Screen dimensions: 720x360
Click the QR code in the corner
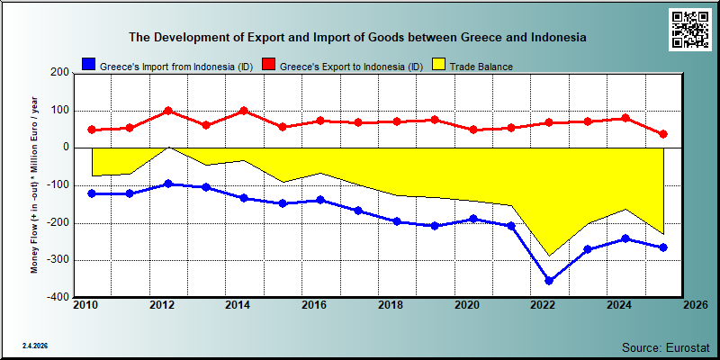click(x=689, y=30)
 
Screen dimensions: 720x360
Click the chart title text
click(x=357, y=38)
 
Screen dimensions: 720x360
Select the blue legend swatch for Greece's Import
click(x=88, y=65)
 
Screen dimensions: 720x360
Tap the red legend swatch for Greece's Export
click(x=268, y=65)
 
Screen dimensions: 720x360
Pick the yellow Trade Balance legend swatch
click(x=438, y=65)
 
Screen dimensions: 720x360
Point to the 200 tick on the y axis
click(x=61, y=73)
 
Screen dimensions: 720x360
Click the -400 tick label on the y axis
click(x=58, y=297)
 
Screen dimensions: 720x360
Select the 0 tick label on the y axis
click(x=66, y=148)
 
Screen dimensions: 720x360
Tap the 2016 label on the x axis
click(x=314, y=305)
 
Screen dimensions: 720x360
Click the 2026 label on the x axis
click(x=696, y=305)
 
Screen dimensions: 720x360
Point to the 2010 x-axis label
click(x=85, y=305)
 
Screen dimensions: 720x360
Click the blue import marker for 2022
click(x=549, y=280)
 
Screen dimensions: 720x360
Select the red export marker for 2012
click(x=168, y=111)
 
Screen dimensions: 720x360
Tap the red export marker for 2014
click(x=244, y=111)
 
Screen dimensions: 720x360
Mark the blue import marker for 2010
click(x=92, y=193)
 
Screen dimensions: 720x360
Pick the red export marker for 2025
click(x=663, y=134)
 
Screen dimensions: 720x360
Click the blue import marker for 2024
click(x=625, y=238)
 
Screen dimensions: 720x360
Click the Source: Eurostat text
click(x=666, y=346)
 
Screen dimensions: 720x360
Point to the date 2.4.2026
click(x=35, y=346)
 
